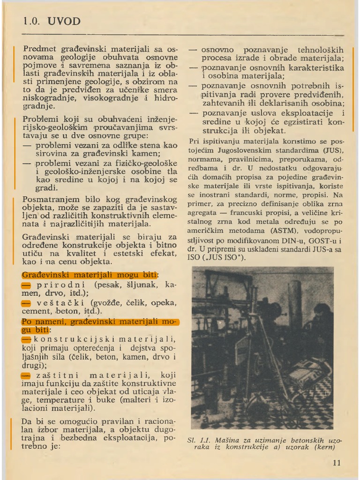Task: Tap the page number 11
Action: (337, 463)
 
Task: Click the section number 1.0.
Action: (32, 22)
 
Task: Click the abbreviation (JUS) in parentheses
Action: (332, 150)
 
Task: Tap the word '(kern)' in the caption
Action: (323, 447)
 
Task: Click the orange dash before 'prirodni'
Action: (26, 285)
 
